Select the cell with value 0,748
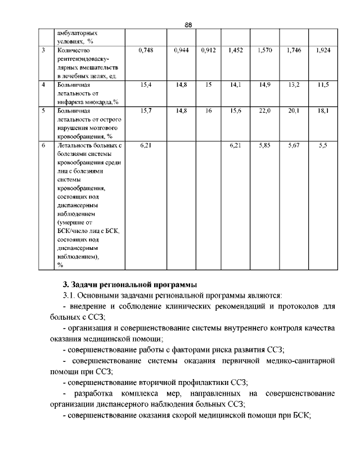[145, 51]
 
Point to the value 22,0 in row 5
[265, 111]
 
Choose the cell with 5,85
[265, 145]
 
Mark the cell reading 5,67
[294, 145]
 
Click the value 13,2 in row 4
[294, 84]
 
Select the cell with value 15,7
[145, 111]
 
